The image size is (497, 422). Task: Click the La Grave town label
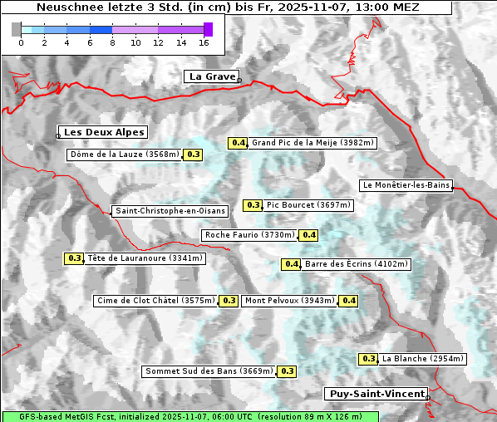click(211, 76)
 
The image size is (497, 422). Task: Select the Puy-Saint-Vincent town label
click(376, 394)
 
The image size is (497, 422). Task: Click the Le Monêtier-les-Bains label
click(406, 185)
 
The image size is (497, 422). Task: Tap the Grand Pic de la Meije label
click(313, 143)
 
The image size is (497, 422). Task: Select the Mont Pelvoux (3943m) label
click(289, 301)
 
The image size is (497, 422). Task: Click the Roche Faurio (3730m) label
click(250, 235)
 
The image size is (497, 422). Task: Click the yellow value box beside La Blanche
click(369, 359)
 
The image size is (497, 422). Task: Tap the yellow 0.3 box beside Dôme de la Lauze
click(193, 155)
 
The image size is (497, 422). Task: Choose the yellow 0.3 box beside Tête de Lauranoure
click(75, 258)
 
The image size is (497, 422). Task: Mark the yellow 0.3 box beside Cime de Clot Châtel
click(229, 301)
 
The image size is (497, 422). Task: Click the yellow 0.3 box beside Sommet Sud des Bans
click(287, 371)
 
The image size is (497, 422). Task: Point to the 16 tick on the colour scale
click(203, 42)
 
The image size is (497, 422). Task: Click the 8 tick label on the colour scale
click(112, 42)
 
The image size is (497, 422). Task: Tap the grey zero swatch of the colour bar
click(17, 29)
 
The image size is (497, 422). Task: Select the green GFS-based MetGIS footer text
click(189, 416)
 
